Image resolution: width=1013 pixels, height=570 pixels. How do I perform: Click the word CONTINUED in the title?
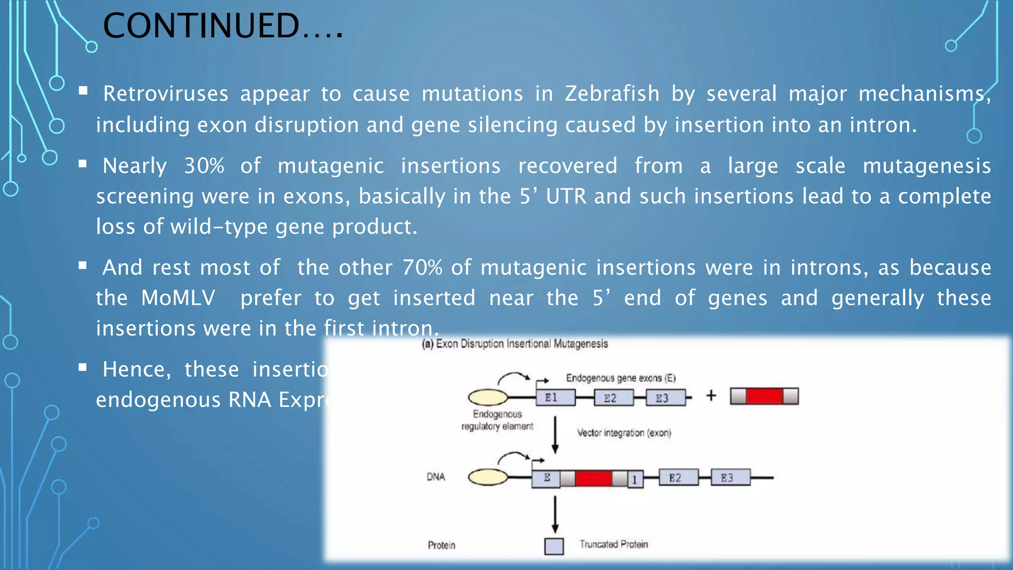(x=200, y=26)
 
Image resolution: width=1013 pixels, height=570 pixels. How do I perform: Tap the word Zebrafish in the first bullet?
(x=612, y=94)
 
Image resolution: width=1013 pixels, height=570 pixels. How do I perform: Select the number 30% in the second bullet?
(x=204, y=166)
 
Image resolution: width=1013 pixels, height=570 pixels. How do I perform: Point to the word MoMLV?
(x=178, y=298)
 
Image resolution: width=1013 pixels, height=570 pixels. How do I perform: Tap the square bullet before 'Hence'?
(x=83, y=367)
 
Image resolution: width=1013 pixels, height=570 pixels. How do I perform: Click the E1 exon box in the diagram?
(x=555, y=397)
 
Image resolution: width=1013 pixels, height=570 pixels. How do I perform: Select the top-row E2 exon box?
(x=613, y=398)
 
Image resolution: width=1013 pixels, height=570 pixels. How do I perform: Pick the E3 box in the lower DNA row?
(x=730, y=477)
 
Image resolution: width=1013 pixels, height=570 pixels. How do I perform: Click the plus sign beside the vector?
(x=711, y=395)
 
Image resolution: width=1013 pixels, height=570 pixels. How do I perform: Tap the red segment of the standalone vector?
(x=764, y=396)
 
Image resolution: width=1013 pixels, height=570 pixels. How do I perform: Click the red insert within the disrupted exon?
(x=594, y=478)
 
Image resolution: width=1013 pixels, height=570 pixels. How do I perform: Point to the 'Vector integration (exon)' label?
(x=624, y=433)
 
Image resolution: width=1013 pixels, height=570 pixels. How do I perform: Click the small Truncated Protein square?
(x=553, y=546)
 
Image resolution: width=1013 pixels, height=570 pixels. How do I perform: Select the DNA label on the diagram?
(x=435, y=477)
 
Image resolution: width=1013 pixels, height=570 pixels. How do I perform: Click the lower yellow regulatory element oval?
(x=488, y=477)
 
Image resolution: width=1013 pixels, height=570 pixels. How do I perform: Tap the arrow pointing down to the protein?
(x=555, y=515)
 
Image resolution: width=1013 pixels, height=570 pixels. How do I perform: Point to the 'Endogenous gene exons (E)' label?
(x=620, y=378)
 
